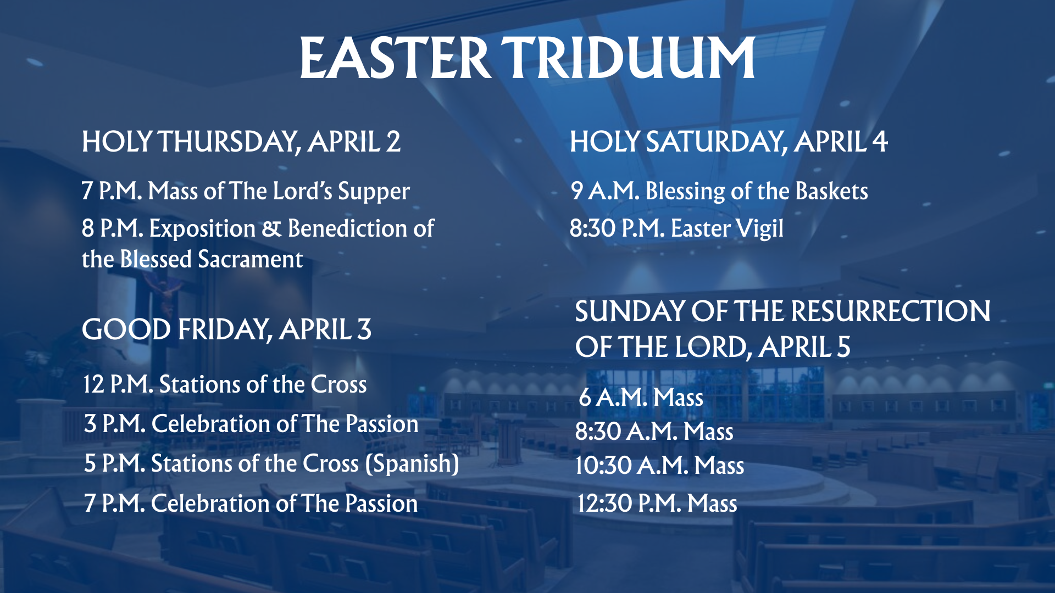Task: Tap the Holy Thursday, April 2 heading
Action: tap(241, 142)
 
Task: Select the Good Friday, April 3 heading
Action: tap(226, 330)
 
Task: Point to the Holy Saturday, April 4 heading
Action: tap(728, 142)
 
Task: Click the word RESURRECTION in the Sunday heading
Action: tap(891, 312)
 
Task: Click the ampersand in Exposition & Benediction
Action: tap(271, 229)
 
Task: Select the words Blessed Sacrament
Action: tap(212, 259)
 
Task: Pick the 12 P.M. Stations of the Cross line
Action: tap(225, 384)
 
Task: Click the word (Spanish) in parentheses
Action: tap(412, 464)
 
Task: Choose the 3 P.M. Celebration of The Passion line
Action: tap(251, 424)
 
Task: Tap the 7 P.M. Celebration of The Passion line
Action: tap(251, 504)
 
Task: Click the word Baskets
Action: tap(831, 191)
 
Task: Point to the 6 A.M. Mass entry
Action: tap(641, 397)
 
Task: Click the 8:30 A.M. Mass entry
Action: tap(654, 432)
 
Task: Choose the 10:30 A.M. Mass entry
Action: tap(659, 466)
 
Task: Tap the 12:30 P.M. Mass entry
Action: tap(657, 504)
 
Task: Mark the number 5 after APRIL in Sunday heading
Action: tap(844, 348)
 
